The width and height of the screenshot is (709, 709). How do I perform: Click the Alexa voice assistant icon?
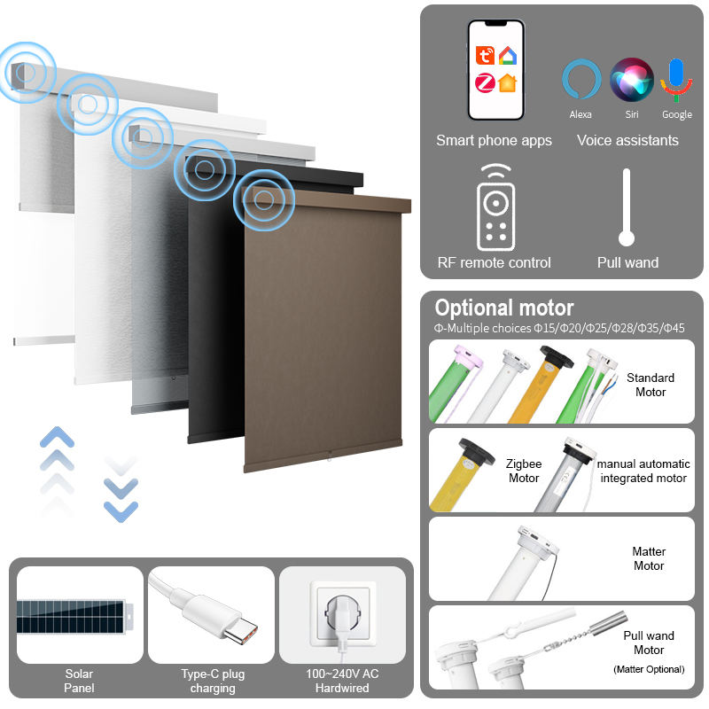(x=581, y=79)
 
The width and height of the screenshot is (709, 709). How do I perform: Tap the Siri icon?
(x=631, y=79)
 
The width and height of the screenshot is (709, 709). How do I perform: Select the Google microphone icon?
(x=677, y=79)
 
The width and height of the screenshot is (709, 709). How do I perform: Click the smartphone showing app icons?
(x=495, y=69)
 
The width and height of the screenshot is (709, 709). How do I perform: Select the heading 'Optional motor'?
(x=503, y=308)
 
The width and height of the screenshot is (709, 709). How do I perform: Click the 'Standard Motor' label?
(x=651, y=385)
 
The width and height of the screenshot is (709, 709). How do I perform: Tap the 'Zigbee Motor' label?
(x=524, y=471)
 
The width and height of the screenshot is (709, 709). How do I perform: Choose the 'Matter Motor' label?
(x=649, y=558)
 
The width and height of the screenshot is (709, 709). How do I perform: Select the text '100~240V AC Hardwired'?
(x=341, y=681)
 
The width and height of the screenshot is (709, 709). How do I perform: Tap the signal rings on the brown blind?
(x=263, y=202)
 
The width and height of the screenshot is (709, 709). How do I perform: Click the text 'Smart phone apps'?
(x=494, y=140)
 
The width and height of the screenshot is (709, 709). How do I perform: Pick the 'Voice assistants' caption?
(x=627, y=140)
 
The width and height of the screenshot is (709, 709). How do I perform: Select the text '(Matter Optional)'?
(x=650, y=669)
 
